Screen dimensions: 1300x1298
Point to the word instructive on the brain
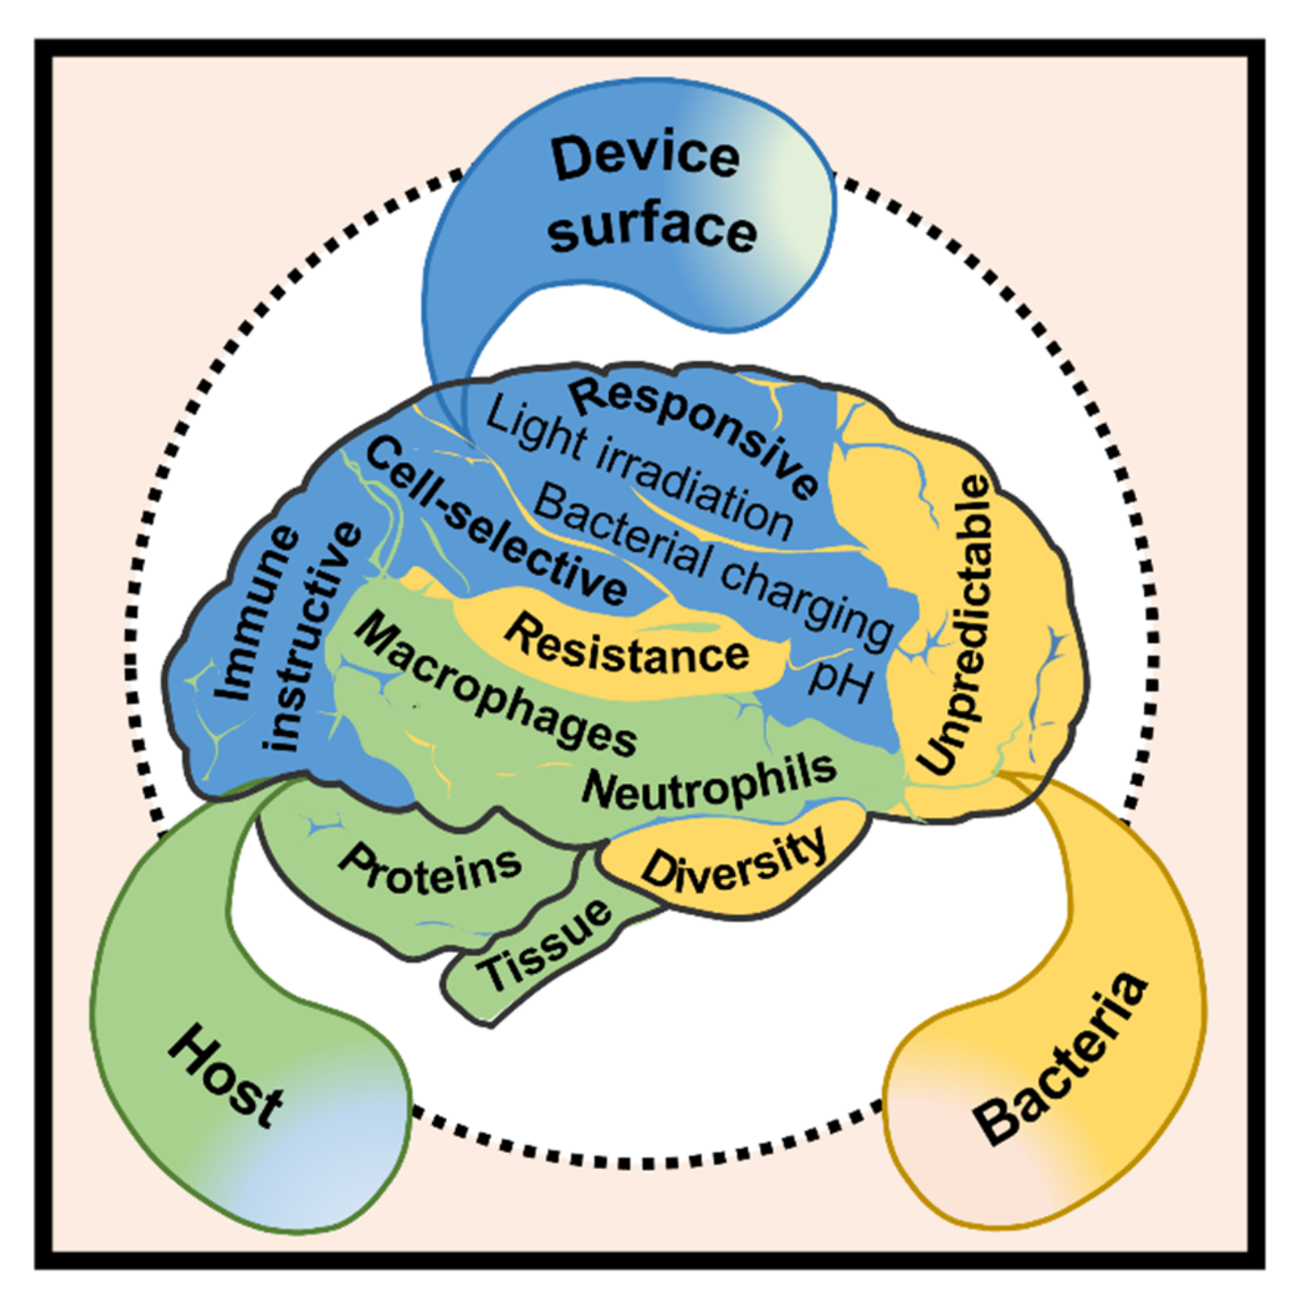click(312, 637)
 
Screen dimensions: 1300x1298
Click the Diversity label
click(735, 859)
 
